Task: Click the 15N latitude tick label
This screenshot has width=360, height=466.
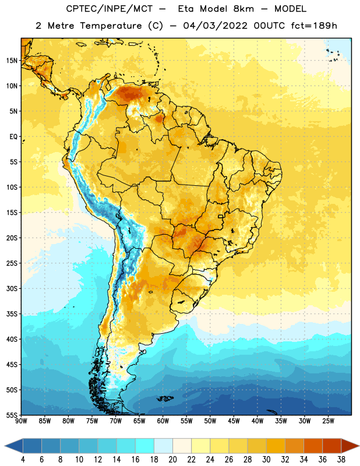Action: coord(12,61)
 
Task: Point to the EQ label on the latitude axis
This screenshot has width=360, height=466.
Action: coord(13,137)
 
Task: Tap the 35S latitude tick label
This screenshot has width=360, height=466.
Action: coord(12,314)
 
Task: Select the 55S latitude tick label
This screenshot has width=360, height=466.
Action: coord(12,415)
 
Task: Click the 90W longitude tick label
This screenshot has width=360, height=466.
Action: coord(21,421)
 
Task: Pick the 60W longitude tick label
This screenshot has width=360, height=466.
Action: coord(163,421)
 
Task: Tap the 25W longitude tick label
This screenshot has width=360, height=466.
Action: coord(328,421)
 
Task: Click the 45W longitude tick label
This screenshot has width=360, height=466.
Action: coord(234,421)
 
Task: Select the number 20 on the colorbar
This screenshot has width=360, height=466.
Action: coord(172,460)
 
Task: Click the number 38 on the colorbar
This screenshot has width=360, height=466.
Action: coord(341,460)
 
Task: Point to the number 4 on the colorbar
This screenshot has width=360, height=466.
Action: coord(23,460)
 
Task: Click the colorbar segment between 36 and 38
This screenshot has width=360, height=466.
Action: coord(332,446)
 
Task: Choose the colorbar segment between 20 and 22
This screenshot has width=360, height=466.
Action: coord(182,446)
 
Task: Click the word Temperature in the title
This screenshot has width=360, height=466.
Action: coord(111,26)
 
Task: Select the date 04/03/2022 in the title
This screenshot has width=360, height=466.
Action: coord(215,26)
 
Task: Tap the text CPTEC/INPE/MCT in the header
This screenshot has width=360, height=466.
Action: coord(109,9)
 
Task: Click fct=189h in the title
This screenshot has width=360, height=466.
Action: coord(314,26)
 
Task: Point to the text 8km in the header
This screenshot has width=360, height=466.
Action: coord(243,9)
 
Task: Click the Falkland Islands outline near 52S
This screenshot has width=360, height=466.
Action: coord(165,398)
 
